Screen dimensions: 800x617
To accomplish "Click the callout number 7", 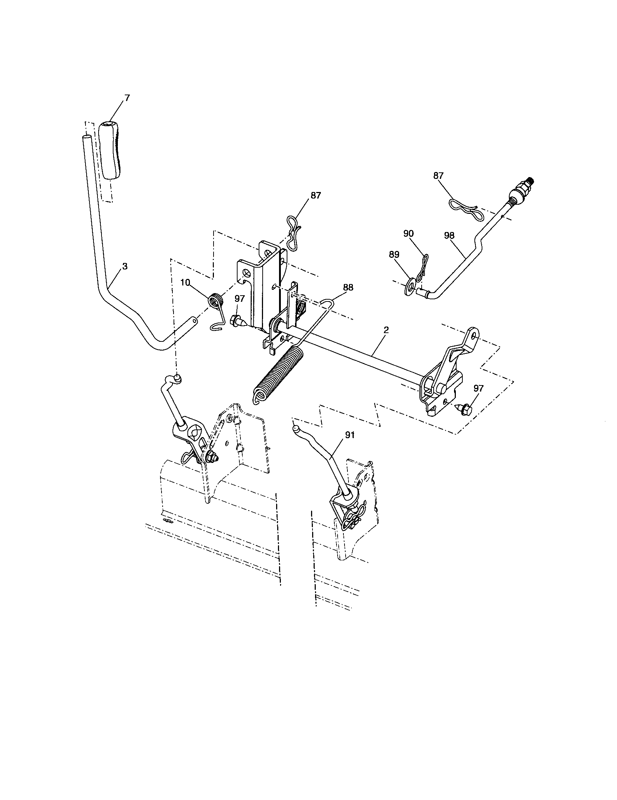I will point(127,98).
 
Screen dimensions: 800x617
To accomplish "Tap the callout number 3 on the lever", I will point(124,266).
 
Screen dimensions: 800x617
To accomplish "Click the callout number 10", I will point(185,283).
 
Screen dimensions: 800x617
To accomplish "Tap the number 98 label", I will point(450,236).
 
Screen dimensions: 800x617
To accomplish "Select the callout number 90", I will point(409,233).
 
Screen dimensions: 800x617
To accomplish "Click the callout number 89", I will point(394,254).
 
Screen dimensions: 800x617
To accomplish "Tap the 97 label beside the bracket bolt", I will point(239,299).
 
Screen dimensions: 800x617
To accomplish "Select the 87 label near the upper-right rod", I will point(439,176).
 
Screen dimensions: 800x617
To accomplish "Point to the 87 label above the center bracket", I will point(315,196).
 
